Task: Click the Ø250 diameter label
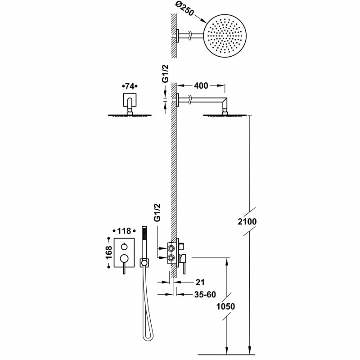click(x=184, y=9)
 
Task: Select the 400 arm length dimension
click(x=201, y=85)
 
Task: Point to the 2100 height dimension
click(x=247, y=221)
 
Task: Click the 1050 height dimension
click(x=226, y=306)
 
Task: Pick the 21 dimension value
click(x=200, y=282)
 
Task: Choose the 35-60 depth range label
click(x=205, y=294)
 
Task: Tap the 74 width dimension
click(x=130, y=86)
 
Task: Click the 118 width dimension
click(x=124, y=231)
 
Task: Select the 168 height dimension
click(x=108, y=252)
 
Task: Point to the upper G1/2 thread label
click(x=165, y=73)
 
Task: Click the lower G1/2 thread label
click(x=157, y=212)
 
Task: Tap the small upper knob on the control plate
click(x=124, y=247)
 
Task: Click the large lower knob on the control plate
click(x=124, y=258)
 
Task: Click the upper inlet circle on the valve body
click(x=171, y=248)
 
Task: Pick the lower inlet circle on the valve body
click(x=171, y=258)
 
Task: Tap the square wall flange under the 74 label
click(x=130, y=100)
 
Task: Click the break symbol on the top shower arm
click(x=190, y=36)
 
